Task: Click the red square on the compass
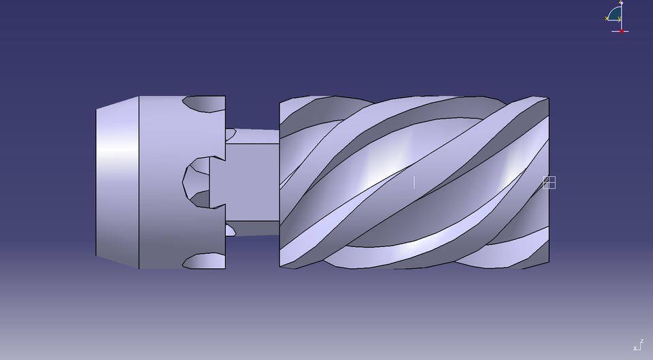click(x=622, y=31)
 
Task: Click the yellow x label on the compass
click(x=606, y=18)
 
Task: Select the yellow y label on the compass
click(x=620, y=18)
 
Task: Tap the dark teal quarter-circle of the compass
click(x=615, y=14)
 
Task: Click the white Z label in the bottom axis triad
click(x=641, y=342)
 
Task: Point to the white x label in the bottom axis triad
click(x=635, y=348)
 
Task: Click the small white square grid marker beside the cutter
click(x=550, y=182)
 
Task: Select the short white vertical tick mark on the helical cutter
click(x=414, y=182)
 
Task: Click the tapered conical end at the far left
click(x=117, y=182)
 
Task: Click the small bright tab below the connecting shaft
click(x=230, y=230)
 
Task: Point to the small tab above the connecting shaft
click(x=230, y=133)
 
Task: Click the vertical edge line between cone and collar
click(x=139, y=182)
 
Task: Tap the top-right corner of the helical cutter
click(x=548, y=99)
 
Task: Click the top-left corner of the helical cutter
click(x=280, y=102)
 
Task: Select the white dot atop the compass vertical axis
click(x=621, y=4)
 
